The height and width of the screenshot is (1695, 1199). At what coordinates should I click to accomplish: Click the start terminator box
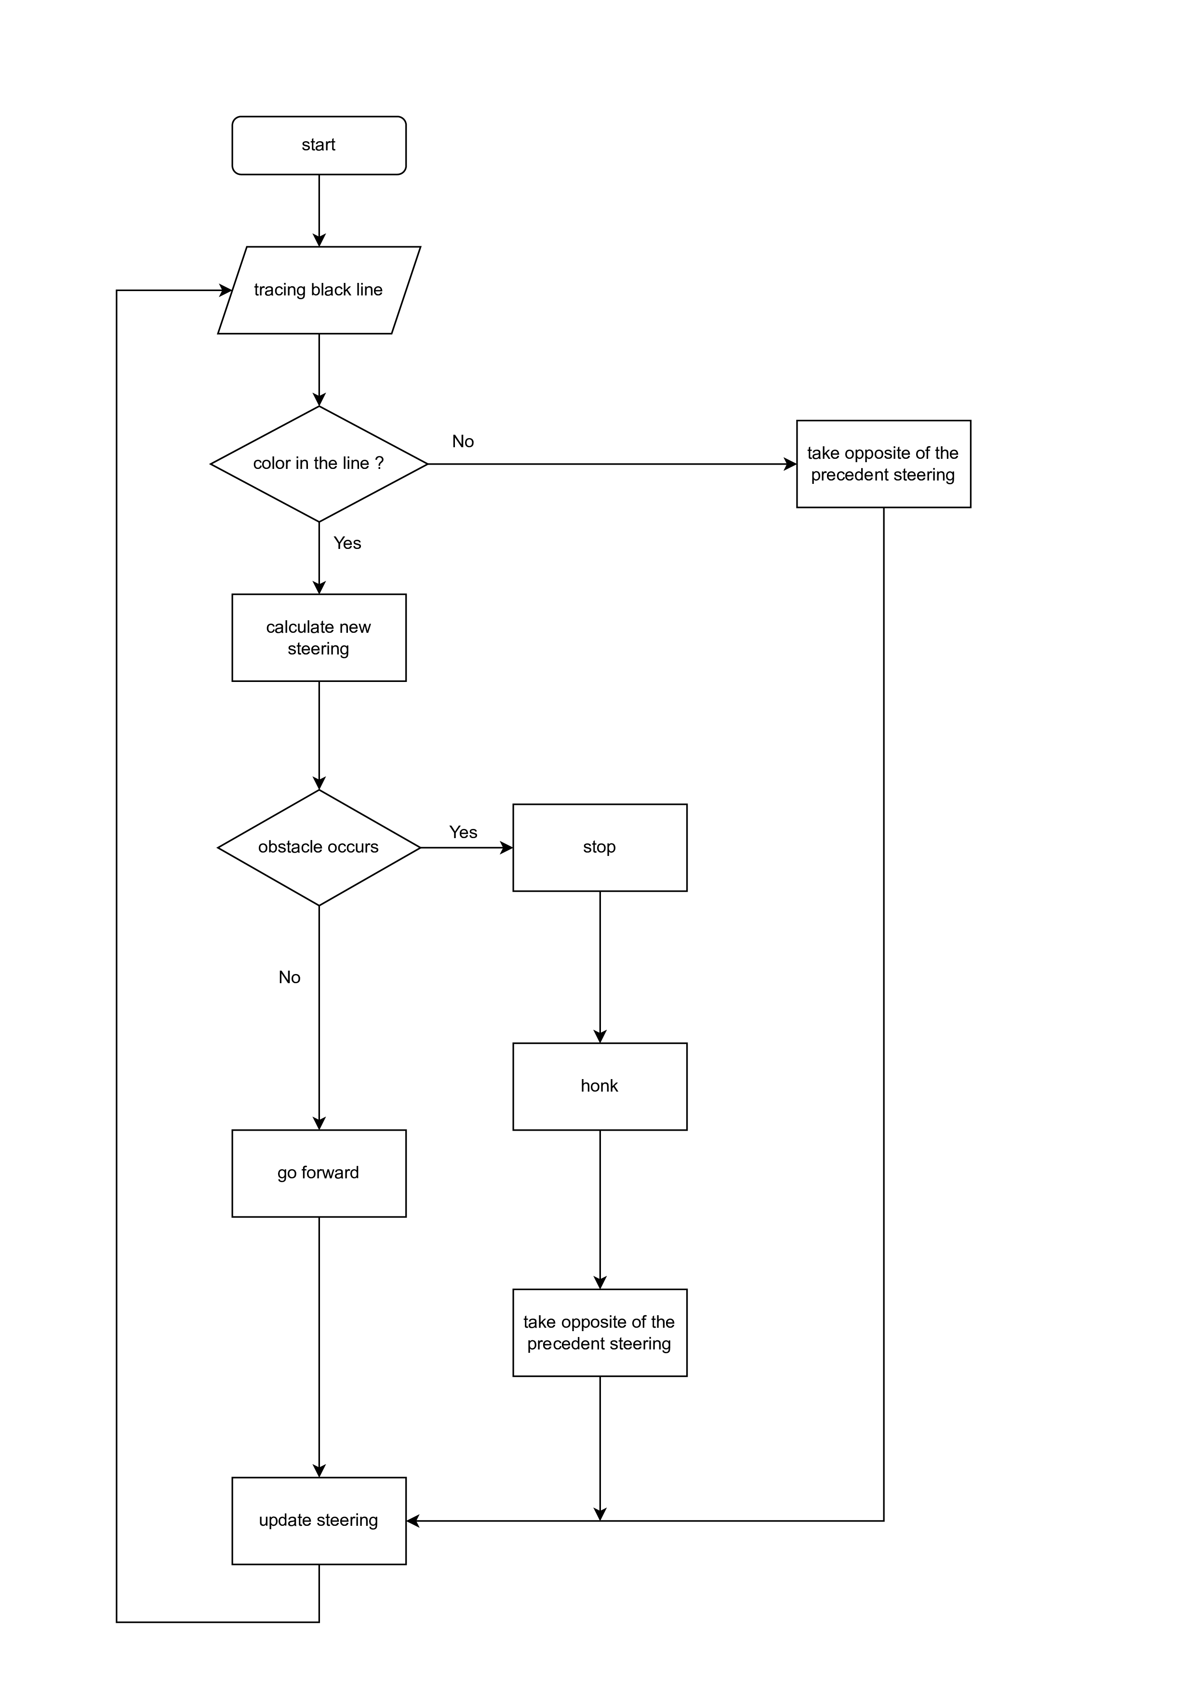coord(319,146)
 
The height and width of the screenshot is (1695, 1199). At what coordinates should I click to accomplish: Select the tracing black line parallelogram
coord(319,290)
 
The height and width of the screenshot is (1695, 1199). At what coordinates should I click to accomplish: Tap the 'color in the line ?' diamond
coord(319,464)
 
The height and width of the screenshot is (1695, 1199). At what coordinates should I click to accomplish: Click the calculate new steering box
coord(319,638)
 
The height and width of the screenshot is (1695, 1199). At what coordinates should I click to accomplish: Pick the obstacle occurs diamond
coord(319,847)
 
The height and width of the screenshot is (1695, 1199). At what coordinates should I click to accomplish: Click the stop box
coord(599,847)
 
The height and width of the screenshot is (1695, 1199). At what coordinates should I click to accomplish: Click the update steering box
coord(319,1521)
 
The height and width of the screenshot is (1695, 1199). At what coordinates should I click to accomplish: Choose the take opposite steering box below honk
coord(599,1333)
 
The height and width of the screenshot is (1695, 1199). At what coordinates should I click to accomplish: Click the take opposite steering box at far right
coord(883,464)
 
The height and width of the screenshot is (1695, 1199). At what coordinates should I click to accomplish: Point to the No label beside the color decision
coord(463,441)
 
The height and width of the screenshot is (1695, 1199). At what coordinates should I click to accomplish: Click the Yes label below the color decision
coord(347,543)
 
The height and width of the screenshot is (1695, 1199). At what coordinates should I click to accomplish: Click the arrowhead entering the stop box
coord(506,847)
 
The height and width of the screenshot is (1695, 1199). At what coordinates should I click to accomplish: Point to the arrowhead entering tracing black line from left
coord(225,290)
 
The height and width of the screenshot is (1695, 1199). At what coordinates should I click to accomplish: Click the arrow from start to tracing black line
coord(319,211)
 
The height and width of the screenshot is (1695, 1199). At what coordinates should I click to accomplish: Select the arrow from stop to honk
coord(599,967)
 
